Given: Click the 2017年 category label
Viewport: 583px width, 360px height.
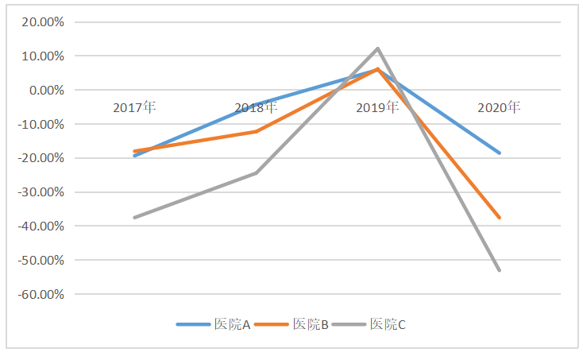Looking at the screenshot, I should click(x=134, y=107).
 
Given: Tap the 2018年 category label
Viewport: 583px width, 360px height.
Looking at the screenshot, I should click(x=256, y=107).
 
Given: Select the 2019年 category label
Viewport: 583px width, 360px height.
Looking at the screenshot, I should click(x=377, y=107).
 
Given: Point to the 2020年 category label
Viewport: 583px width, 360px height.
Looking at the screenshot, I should click(x=499, y=107).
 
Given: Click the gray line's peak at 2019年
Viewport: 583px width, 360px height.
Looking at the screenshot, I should click(x=378, y=48).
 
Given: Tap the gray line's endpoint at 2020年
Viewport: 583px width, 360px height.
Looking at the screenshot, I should click(x=500, y=271).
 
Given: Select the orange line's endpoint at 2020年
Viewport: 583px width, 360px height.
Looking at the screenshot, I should click(x=500, y=218).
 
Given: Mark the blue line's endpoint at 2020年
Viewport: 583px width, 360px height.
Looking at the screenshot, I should click(x=500, y=153).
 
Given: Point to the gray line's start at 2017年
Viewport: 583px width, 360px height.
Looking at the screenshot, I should click(x=134, y=218).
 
